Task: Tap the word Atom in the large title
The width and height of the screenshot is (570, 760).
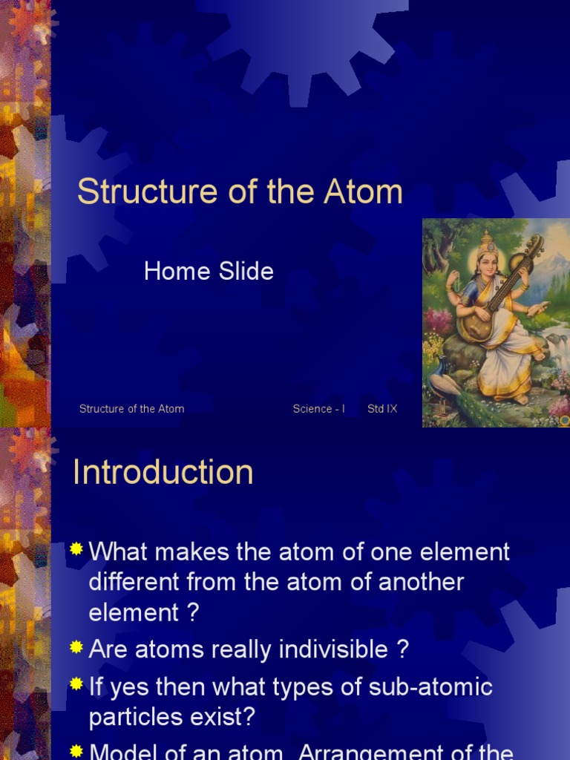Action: [x=363, y=192]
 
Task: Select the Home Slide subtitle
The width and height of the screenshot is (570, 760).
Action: [x=209, y=271]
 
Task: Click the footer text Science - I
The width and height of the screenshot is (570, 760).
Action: [x=318, y=409]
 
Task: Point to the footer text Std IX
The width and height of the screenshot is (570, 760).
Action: [x=382, y=409]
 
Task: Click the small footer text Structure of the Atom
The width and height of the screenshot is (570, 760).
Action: [x=131, y=409]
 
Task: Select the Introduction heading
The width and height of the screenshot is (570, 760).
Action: [x=163, y=472]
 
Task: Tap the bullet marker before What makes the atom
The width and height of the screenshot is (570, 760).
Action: [x=76, y=550]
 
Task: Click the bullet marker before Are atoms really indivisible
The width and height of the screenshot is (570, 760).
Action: [x=76, y=648]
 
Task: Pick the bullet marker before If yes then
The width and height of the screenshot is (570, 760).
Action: [x=76, y=685]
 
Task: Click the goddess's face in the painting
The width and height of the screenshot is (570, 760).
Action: [x=487, y=263]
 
